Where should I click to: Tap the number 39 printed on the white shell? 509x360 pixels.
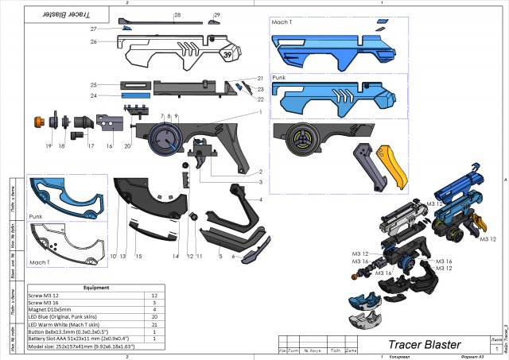227,55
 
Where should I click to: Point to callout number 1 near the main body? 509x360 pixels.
259,112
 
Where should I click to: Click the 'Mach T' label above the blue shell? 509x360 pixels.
282,23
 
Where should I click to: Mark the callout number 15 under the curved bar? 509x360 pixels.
138,256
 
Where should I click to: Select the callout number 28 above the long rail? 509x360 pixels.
177,15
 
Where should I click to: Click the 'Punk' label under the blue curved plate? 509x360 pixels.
35,215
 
